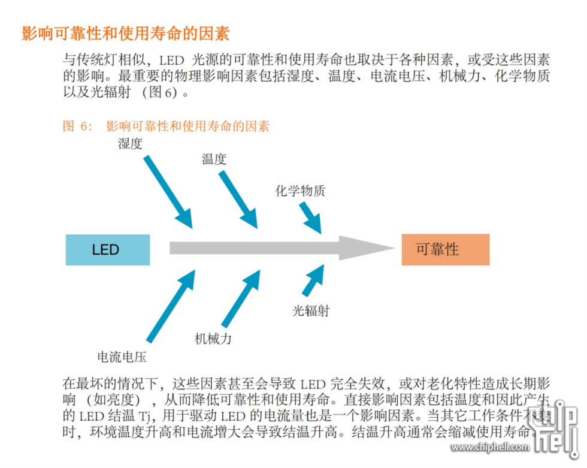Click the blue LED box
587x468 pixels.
107,250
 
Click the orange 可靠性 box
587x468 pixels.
445,249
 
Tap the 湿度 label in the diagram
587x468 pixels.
130,144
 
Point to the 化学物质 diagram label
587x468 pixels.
300,192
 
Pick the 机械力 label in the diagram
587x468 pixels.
213,339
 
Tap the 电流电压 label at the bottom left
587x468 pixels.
122,357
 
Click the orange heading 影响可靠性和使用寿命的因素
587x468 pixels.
125,33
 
